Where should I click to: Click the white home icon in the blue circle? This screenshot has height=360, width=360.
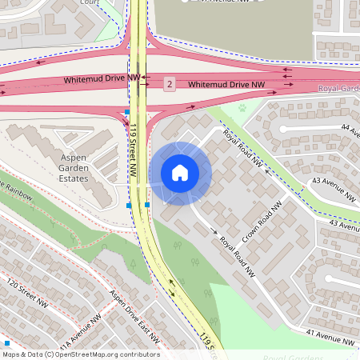pos(180,172)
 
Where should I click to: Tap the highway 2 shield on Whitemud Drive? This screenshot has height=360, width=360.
pos(169,84)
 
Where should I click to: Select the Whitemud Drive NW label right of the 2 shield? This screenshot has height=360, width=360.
pos(226,84)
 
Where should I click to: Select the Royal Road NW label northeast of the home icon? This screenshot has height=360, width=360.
pos(242,148)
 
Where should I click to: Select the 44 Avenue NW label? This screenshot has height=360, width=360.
pos(350,127)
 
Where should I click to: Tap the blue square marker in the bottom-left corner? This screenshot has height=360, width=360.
pos(6,342)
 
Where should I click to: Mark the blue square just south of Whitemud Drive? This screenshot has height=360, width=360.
pos(126,112)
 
